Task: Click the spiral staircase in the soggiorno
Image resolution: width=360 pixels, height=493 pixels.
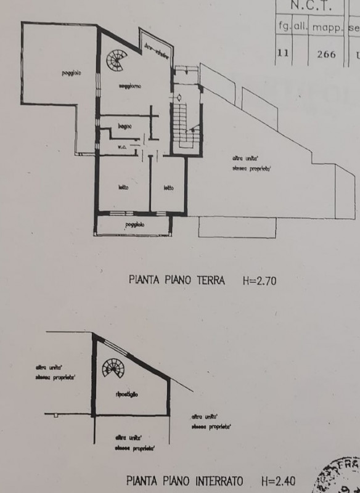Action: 115,60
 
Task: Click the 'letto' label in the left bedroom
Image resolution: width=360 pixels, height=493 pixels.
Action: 122,187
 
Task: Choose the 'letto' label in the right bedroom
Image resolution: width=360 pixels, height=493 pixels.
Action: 168,187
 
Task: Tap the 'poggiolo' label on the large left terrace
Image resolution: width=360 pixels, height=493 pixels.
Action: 72,75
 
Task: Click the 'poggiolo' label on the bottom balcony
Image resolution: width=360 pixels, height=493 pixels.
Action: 134,225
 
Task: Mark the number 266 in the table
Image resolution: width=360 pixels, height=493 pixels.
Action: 326,54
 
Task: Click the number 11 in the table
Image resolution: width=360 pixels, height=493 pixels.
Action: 283,54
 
